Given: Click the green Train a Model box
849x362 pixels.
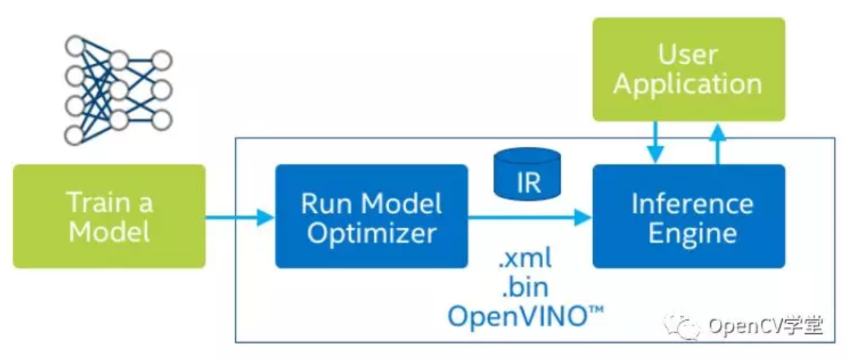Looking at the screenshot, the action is (x=109, y=216).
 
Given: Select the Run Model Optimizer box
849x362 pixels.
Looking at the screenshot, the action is (x=371, y=216).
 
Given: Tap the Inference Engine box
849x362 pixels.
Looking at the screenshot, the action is (x=689, y=216).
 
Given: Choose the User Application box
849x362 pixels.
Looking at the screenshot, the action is (x=689, y=69).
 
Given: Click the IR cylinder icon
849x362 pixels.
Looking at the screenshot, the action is (x=527, y=174).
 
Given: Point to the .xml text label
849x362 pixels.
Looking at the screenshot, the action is (x=525, y=260).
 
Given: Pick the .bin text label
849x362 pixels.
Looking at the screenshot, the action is (x=525, y=287).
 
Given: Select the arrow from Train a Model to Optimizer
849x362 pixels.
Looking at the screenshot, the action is (x=241, y=218).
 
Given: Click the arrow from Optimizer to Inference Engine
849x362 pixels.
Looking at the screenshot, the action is (x=530, y=218).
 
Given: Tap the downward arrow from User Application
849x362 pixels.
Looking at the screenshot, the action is (x=656, y=142).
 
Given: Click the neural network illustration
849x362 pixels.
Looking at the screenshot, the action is (x=118, y=90).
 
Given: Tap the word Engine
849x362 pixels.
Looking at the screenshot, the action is (x=693, y=233).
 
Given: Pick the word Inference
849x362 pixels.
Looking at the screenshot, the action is (x=693, y=203).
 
